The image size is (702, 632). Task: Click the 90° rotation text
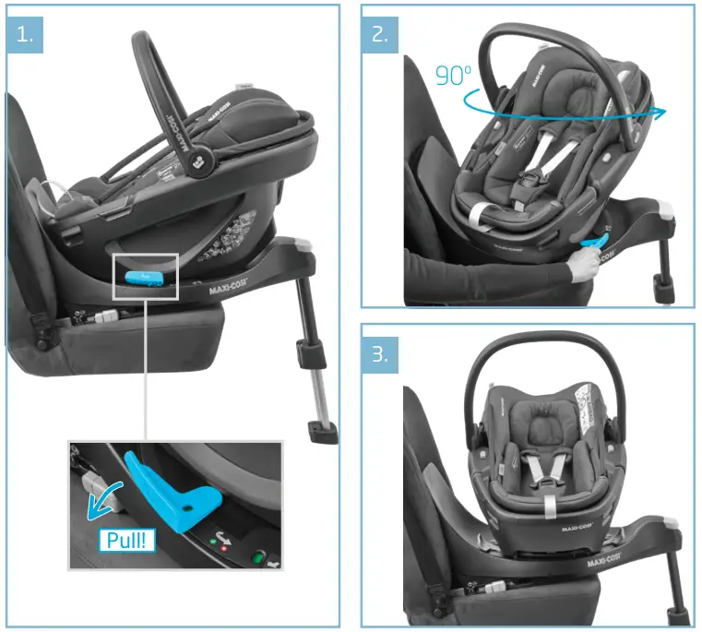pos(453,76)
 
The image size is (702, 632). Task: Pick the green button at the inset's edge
pos(259,556)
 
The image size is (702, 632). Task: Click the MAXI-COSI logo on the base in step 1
pos(231,287)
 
